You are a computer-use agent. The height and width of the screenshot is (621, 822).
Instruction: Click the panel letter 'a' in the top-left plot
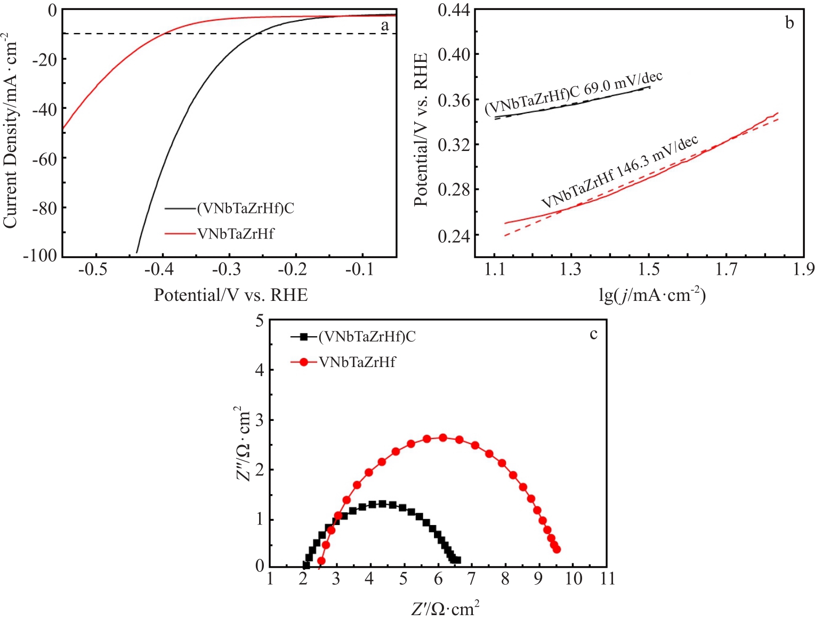(385, 25)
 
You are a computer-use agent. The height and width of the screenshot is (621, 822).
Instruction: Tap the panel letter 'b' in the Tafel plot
(789, 22)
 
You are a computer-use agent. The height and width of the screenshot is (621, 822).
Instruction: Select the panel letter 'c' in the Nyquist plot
(593, 335)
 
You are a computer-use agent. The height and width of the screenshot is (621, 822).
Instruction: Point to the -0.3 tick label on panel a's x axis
(225, 269)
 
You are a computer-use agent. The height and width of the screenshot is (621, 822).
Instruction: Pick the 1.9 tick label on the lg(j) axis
(803, 269)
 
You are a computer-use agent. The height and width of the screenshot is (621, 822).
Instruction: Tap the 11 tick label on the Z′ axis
(607, 579)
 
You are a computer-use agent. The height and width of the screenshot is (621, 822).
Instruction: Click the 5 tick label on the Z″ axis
(260, 321)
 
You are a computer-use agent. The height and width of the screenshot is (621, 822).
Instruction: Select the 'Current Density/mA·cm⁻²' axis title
(11, 131)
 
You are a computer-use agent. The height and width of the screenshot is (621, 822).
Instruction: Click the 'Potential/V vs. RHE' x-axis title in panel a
(231, 295)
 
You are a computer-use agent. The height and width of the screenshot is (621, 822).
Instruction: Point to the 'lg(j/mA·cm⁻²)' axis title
(652, 295)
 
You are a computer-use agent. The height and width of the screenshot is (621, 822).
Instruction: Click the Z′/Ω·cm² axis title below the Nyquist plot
(445, 609)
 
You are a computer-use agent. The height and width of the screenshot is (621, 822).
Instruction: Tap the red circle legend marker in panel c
(304, 362)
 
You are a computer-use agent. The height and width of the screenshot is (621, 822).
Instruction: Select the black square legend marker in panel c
(304, 337)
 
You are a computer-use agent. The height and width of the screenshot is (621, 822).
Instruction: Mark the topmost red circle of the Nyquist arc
(442, 437)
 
